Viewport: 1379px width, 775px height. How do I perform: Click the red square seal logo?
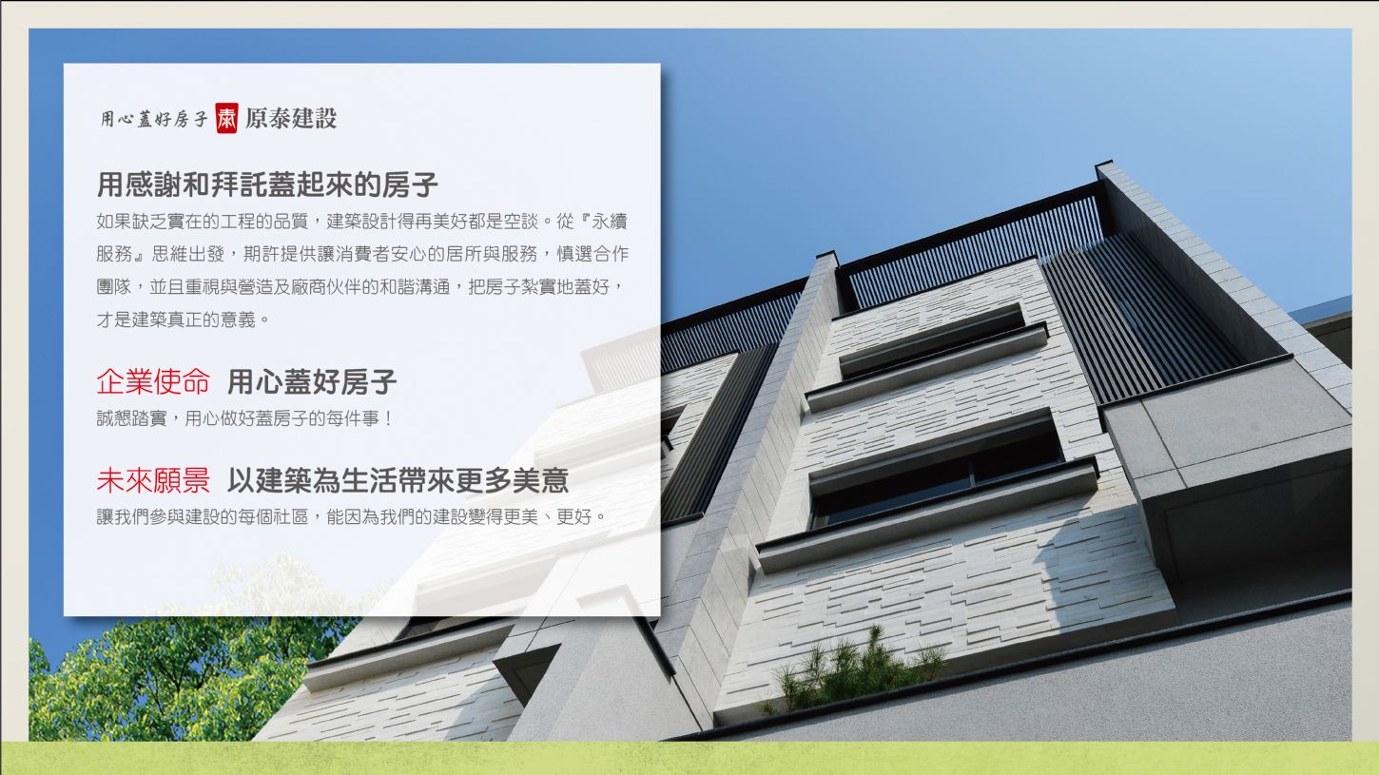(226, 118)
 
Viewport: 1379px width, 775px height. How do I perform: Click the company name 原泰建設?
(291, 118)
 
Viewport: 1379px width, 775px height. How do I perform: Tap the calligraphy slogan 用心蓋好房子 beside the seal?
(154, 119)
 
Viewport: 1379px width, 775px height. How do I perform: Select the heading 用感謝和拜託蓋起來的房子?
(268, 184)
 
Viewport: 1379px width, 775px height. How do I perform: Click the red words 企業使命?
(153, 381)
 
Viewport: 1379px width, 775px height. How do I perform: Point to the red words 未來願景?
(153, 480)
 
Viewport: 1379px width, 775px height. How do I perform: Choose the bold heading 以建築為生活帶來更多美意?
(398, 480)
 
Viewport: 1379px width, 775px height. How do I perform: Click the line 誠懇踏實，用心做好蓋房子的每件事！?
(245, 418)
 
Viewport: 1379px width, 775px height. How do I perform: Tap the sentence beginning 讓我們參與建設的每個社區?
(352, 516)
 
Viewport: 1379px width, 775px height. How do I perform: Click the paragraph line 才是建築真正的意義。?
(183, 320)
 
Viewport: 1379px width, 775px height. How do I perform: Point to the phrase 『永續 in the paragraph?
(601, 221)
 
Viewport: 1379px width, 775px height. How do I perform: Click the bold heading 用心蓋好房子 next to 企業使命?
(312, 381)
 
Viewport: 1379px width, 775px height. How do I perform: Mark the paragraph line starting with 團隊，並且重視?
(361, 287)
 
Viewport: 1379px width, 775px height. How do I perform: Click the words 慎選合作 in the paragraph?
(592, 254)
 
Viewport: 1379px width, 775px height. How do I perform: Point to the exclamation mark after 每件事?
(388, 418)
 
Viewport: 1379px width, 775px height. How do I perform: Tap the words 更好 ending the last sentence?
(573, 516)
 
